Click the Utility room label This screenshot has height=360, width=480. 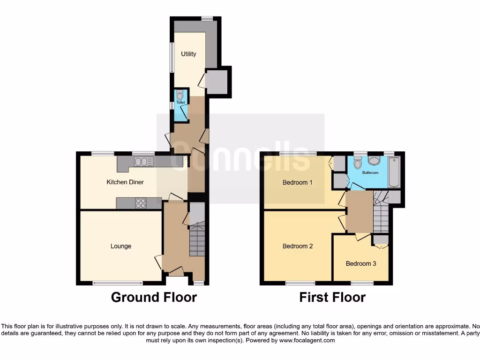[188, 54]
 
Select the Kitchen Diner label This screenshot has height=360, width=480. [125, 182]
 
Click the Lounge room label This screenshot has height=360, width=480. [121, 246]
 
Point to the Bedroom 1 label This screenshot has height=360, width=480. [297, 182]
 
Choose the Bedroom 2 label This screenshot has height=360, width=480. [298, 246]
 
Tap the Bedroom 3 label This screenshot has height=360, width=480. [361, 263]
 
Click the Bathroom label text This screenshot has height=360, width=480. [370, 172]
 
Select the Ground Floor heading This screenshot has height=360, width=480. [154, 297]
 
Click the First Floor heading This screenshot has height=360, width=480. [332, 297]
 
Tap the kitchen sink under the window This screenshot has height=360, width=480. [143, 162]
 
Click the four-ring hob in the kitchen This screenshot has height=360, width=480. [141, 203]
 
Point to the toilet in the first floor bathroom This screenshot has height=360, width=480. [357, 163]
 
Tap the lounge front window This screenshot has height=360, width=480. [117, 283]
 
